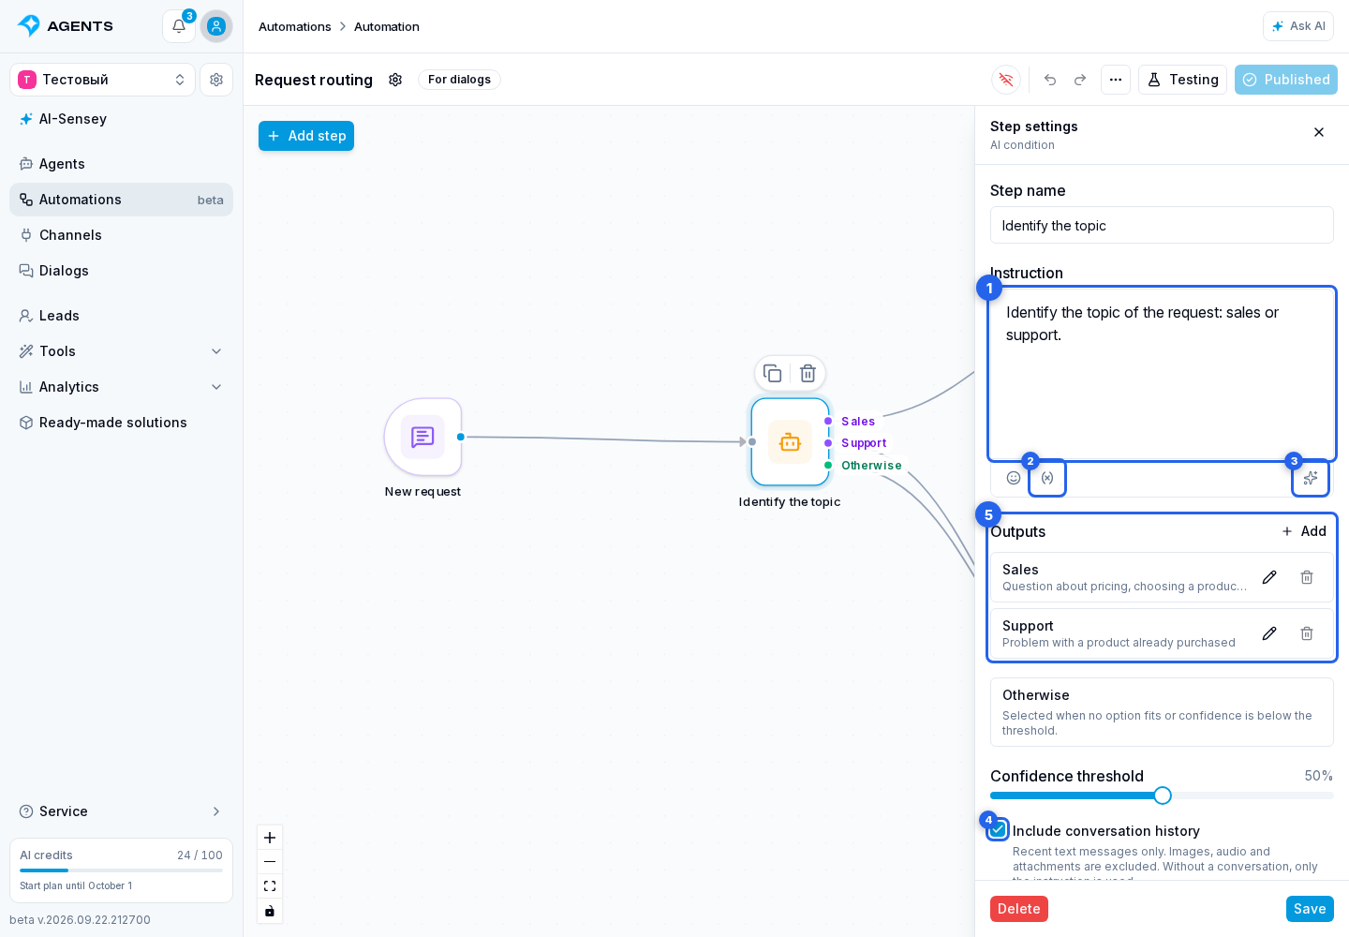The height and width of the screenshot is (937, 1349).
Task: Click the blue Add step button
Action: [306, 136]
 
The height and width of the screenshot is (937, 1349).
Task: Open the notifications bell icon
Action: [179, 26]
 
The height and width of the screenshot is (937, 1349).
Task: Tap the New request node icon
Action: [422, 437]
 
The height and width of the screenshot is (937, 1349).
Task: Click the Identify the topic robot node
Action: [790, 442]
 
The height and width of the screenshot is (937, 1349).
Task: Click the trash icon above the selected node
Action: [808, 373]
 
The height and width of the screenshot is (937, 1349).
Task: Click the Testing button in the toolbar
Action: [1182, 80]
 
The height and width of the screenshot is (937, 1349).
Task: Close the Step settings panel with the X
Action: [1319, 132]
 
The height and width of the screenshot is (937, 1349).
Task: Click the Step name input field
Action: [1162, 225]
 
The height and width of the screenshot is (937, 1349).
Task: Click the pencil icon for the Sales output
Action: [1269, 577]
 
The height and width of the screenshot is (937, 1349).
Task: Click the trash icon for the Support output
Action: [1307, 633]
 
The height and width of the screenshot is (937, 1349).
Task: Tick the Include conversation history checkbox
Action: [998, 830]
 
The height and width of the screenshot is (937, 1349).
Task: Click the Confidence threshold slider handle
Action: [1163, 796]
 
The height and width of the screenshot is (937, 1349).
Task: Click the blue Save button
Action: [1310, 909]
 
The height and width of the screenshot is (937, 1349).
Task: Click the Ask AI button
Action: [1298, 26]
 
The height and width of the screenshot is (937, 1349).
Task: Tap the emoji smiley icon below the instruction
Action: [1014, 478]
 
